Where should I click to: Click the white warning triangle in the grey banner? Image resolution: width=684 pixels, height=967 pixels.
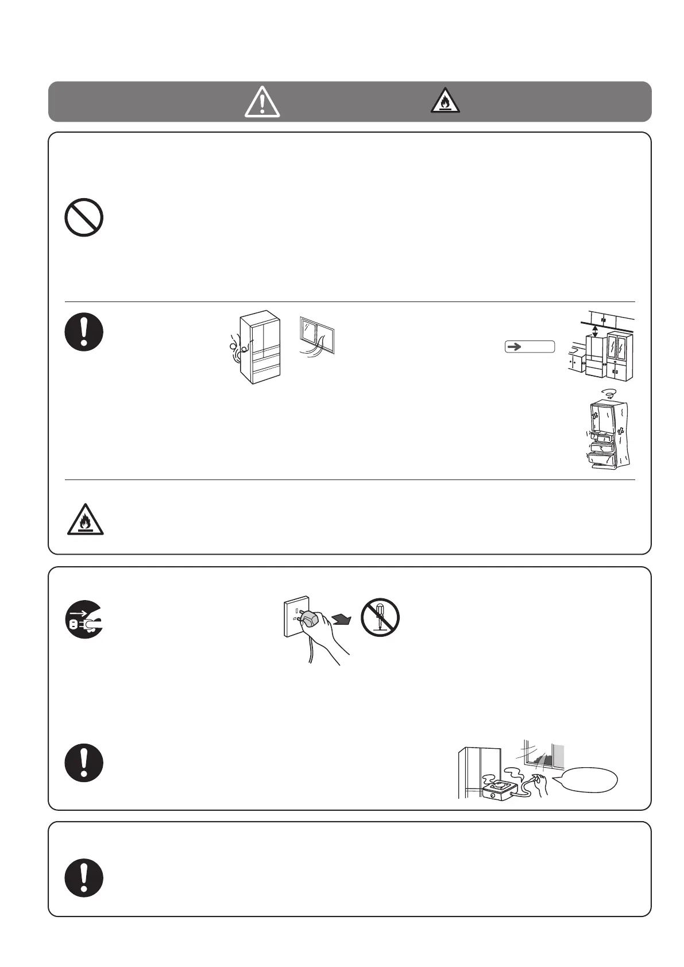tap(262, 103)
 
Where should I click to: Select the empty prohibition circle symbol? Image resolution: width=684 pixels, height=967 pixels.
tap(84, 217)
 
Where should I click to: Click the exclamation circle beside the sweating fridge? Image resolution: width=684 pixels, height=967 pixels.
tap(84, 332)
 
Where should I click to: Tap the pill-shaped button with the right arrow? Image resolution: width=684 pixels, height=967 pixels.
tap(530, 346)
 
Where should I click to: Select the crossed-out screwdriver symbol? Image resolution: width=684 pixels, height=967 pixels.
tap(380, 617)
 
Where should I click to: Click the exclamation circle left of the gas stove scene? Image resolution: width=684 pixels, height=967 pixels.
tap(84, 763)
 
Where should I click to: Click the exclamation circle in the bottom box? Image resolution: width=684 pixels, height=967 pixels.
tap(84, 878)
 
